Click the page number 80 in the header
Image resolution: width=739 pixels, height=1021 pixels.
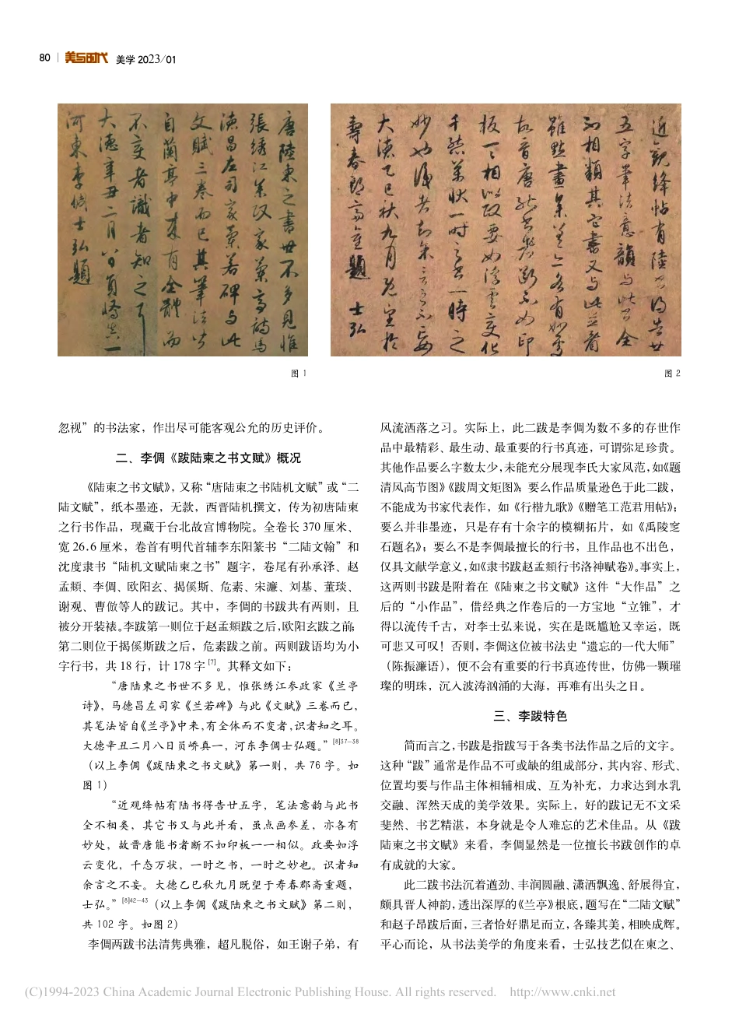[x=44, y=58]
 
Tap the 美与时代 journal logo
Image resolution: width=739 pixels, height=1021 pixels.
[x=86, y=58]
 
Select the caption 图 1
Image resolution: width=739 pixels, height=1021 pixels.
[x=299, y=374]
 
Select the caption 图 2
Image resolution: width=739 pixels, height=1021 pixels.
[x=672, y=374]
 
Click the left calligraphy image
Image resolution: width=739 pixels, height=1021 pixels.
[x=182, y=230]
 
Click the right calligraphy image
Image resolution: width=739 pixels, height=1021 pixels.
[x=506, y=230]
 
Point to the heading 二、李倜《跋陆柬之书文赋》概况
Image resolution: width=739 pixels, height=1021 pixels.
[x=208, y=458]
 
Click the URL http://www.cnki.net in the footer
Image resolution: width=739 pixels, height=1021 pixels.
[x=562, y=992]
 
